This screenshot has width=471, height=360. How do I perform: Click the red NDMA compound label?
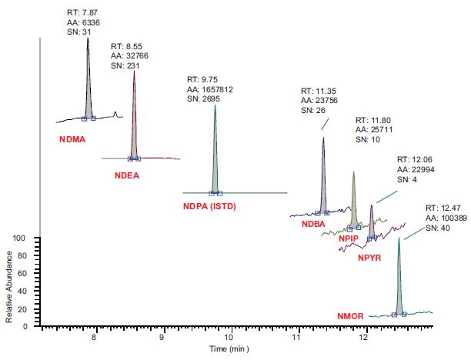coord(72,140)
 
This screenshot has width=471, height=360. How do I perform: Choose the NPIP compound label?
coord(349,239)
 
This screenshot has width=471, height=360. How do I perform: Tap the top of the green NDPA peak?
coord(215,105)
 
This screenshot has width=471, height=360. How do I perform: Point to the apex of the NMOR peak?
coord(399,238)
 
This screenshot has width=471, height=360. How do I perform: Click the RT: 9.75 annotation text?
coord(202,79)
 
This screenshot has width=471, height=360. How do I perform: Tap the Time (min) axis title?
coord(230,348)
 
